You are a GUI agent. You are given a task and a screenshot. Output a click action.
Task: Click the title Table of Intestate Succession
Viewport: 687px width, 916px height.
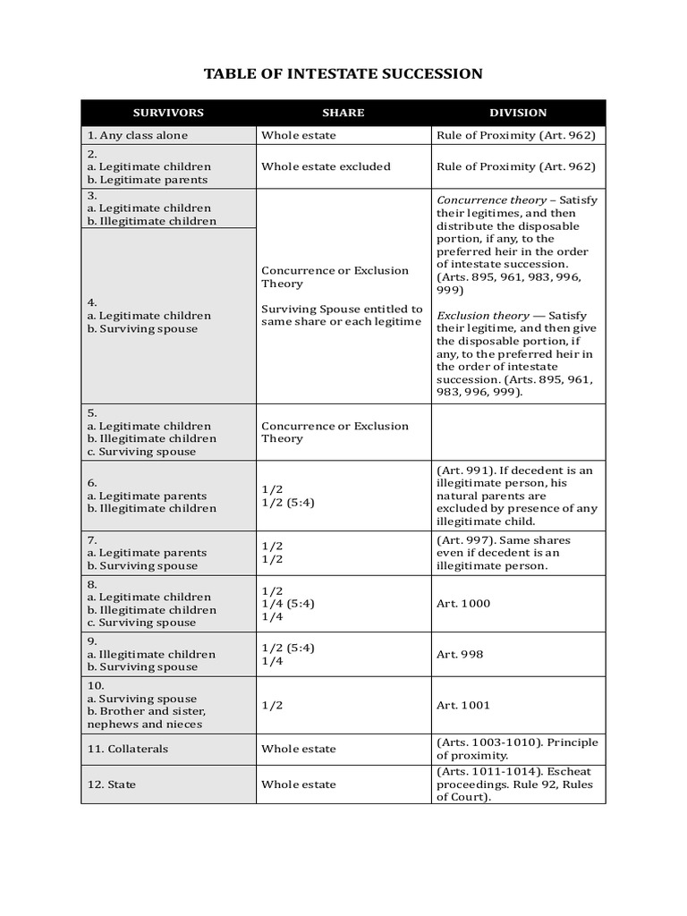coord(343,73)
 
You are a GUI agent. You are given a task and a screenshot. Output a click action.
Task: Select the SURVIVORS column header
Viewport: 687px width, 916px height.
coord(168,113)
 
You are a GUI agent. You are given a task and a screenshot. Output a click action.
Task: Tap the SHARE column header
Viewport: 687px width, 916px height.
coord(343,113)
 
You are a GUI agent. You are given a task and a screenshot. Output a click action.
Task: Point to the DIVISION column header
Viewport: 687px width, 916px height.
coord(518,113)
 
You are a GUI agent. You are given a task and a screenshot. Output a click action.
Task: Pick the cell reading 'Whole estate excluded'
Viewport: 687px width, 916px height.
coord(326,166)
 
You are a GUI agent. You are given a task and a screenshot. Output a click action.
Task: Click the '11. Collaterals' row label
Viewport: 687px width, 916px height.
coord(127,749)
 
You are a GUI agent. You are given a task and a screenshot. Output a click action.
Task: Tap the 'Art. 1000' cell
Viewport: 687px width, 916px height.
coord(463,604)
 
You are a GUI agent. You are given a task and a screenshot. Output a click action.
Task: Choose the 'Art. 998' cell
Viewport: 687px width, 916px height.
coord(460,654)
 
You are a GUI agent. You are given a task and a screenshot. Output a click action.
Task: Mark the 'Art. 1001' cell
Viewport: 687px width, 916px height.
coord(463,705)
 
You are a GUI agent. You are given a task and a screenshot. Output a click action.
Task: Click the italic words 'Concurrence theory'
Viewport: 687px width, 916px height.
coord(490,200)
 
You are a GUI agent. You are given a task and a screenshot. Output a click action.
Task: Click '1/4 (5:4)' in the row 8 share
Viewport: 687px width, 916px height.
coord(288,604)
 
